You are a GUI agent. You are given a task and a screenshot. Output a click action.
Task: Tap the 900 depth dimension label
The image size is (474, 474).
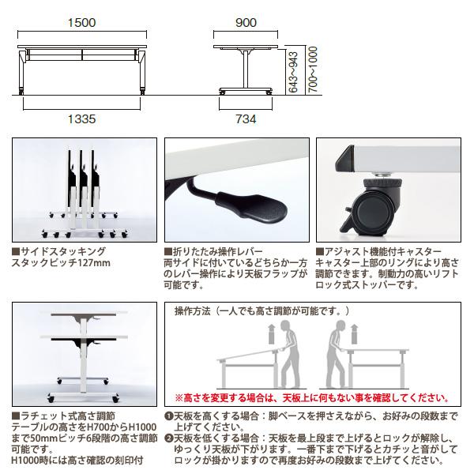(x=246, y=23)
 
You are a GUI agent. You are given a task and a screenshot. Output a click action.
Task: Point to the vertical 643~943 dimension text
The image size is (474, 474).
(x=294, y=72)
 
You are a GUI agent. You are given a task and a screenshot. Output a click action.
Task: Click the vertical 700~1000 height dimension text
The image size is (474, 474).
(x=310, y=66)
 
